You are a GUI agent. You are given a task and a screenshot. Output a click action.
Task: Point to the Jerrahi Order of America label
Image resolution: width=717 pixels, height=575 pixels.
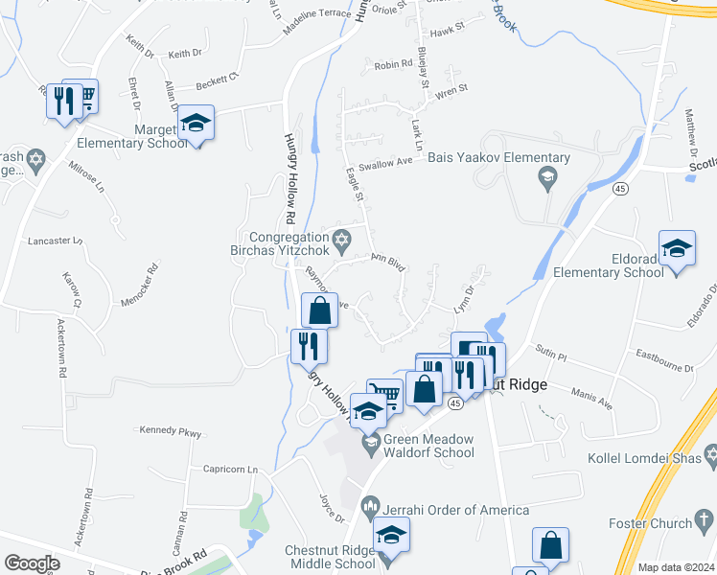pyautogui.click(x=457, y=510)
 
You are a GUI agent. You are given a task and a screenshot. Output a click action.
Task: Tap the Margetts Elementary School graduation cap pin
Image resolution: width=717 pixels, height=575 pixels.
pyautogui.click(x=197, y=123)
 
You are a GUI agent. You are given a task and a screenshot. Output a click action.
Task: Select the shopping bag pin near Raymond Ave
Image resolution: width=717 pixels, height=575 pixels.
pyautogui.click(x=320, y=310)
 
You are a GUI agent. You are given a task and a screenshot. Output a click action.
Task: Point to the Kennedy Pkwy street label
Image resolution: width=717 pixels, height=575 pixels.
pyautogui.click(x=171, y=432)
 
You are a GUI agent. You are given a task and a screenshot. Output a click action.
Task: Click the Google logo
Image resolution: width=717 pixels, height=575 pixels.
pyautogui.click(x=32, y=563)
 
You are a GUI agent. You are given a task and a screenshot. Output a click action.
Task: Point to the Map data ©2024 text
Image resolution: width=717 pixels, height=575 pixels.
pyautogui.click(x=676, y=567)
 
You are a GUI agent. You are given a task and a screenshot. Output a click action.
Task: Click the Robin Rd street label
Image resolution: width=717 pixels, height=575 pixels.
pyautogui.click(x=393, y=65)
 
